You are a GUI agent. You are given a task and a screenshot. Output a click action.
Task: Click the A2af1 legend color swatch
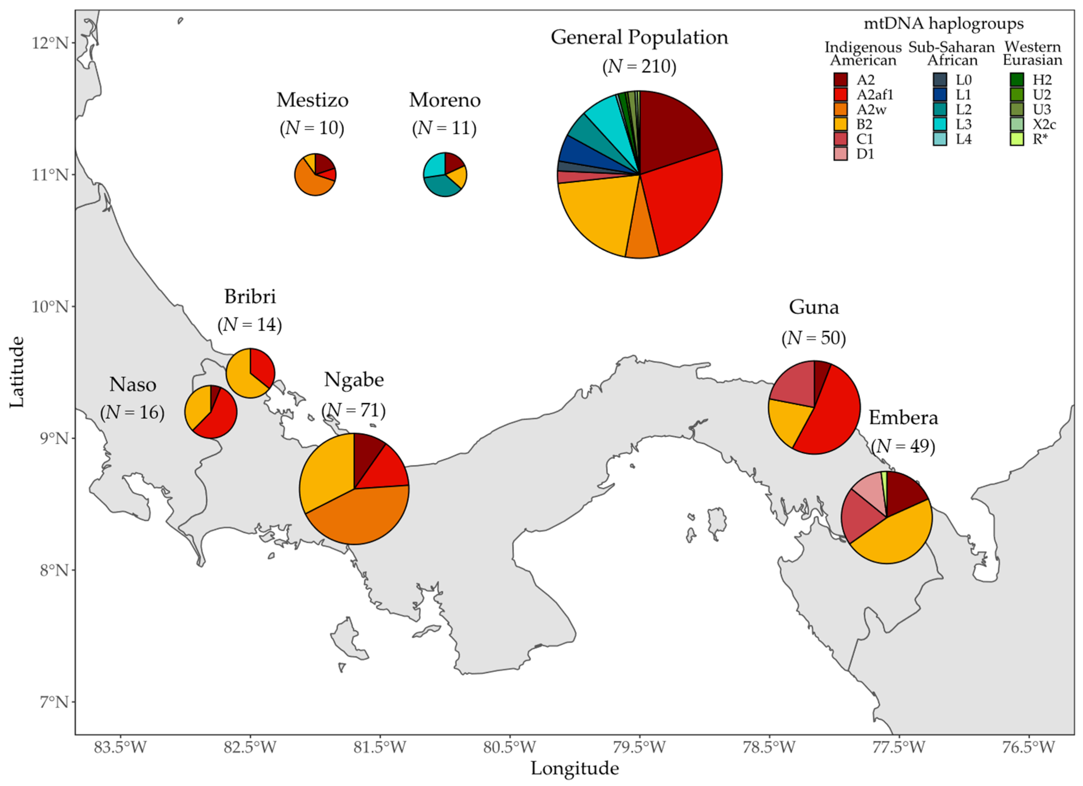point(840,95)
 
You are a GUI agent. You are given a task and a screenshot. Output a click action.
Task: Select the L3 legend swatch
point(940,124)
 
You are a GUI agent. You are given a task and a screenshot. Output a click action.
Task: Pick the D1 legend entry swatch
point(840,154)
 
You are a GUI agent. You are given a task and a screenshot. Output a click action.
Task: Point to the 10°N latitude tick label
point(50,306)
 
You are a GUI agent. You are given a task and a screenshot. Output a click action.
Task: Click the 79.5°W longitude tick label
point(639,746)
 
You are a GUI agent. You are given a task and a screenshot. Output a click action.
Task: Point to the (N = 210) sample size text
point(639,66)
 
